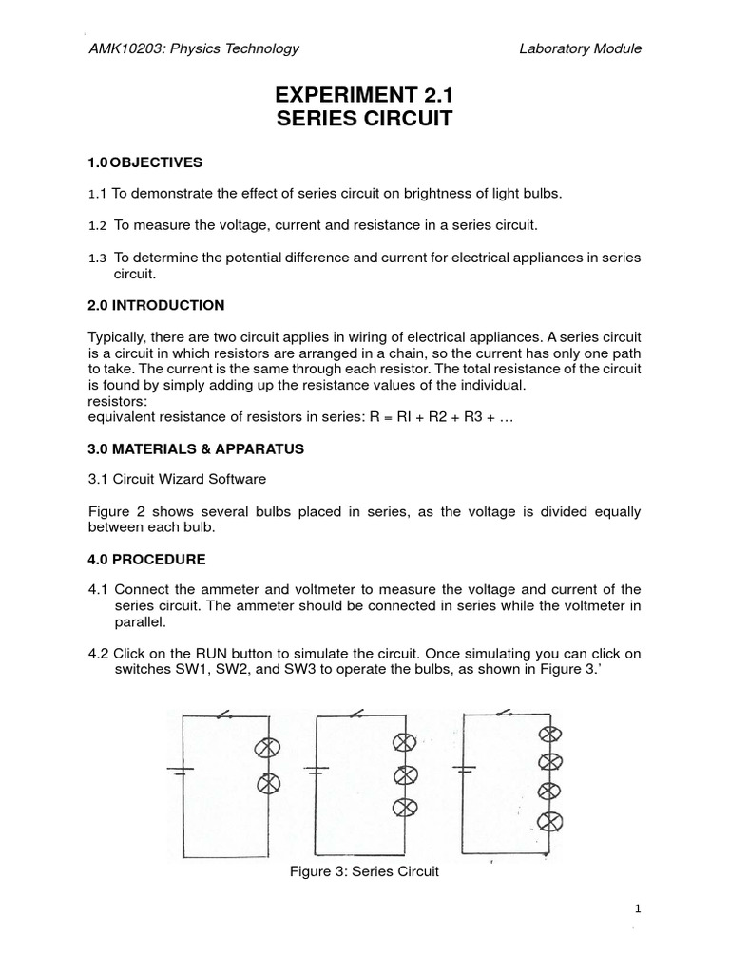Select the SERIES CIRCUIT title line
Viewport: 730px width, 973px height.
coord(364,120)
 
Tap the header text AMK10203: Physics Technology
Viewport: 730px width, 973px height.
coord(193,48)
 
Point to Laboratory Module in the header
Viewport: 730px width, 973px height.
coord(582,48)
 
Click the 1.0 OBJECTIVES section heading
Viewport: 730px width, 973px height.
coord(144,162)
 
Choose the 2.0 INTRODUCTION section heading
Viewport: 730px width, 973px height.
coord(156,305)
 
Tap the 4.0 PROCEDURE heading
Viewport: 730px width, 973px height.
coord(145,559)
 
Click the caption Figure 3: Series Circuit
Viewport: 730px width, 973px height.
coord(365,871)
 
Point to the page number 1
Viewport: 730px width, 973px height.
coord(638,908)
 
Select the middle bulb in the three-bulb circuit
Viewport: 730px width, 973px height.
coord(406,774)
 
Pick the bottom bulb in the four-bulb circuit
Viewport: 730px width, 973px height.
coord(547,821)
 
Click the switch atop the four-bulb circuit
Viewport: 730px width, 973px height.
coord(506,713)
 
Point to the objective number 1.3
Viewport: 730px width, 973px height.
coord(97,258)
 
